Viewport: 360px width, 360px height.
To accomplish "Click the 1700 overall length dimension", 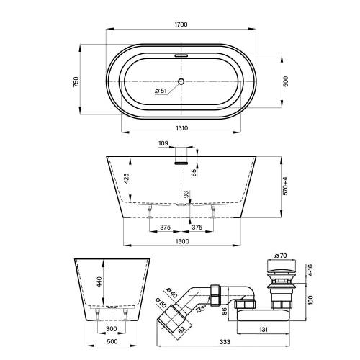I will pyautogui.click(x=181, y=24).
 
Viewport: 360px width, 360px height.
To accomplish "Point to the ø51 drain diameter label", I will pyautogui.click(x=162, y=91).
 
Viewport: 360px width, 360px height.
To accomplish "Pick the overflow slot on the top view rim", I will pyautogui.click(x=181, y=54).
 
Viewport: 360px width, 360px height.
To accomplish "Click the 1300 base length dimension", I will pyautogui.click(x=181, y=242).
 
